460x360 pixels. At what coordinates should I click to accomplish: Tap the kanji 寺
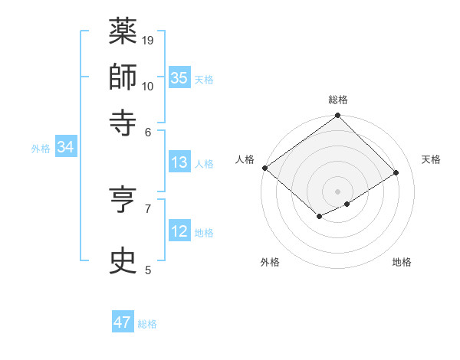(x=123, y=123)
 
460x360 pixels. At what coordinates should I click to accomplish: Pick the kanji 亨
(x=123, y=202)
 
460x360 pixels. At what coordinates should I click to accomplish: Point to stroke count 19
(x=149, y=40)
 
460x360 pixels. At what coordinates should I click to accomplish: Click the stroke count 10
(x=148, y=85)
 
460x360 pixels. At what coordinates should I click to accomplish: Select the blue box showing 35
(x=179, y=77)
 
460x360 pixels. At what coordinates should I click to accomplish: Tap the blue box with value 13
(x=179, y=162)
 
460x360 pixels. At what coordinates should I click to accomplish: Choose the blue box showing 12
(x=179, y=231)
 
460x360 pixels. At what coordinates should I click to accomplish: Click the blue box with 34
(x=65, y=147)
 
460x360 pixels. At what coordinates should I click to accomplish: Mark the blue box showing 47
(x=123, y=322)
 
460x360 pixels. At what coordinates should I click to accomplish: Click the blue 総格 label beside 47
(x=147, y=324)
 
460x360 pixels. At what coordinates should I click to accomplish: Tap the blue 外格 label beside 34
(x=41, y=149)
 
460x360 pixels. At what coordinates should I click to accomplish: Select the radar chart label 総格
(x=338, y=100)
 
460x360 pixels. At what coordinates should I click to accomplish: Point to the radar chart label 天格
(x=431, y=159)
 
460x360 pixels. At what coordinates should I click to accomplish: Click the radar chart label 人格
(x=245, y=159)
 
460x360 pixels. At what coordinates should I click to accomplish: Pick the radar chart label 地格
(x=402, y=263)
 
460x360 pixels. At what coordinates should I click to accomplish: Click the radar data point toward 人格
(x=264, y=168)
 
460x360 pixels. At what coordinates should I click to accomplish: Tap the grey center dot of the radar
(x=337, y=190)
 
